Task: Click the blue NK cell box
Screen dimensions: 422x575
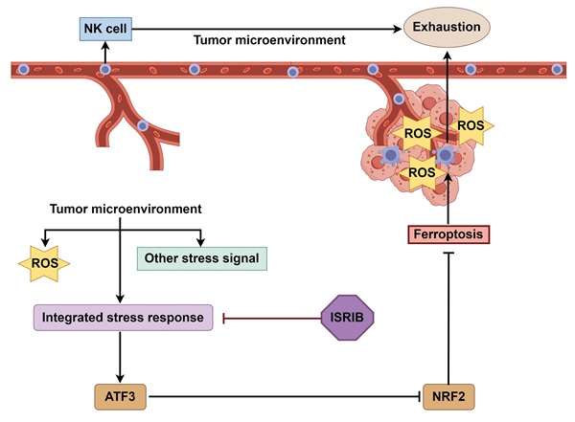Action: (x=104, y=30)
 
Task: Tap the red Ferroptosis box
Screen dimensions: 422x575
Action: (x=449, y=233)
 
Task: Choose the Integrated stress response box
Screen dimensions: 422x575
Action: (x=123, y=318)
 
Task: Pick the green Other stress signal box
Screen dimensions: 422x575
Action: (x=200, y=257)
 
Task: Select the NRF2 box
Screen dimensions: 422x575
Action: (x=449, y=394)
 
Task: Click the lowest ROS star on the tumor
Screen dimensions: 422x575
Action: (x=422, y=173)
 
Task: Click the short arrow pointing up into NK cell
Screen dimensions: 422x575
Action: (x=104, y=56)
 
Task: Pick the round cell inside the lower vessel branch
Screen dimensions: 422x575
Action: (x=142, y=126)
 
